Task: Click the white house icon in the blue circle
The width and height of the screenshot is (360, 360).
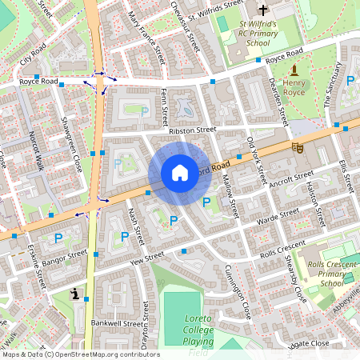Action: [x=179, y=172]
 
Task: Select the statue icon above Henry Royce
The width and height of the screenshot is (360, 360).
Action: [x=294, y=71]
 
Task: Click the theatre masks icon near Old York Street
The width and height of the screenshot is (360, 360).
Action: [x=298, y=146]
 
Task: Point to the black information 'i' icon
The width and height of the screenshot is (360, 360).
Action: [x=75, y=294]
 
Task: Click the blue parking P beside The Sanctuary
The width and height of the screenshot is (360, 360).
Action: [x=350, y=80]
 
